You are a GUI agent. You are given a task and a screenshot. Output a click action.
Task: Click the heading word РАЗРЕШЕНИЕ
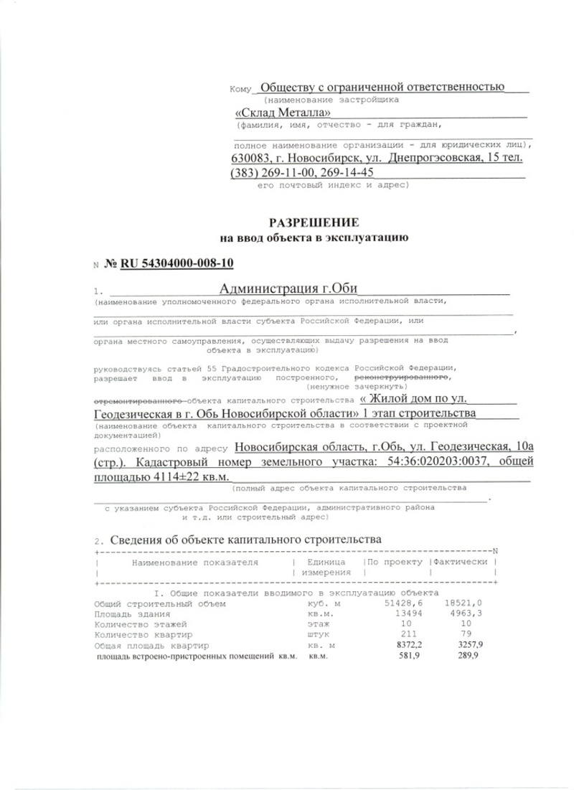coord(314,222)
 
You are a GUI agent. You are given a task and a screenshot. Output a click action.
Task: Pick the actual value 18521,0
coord(464,604)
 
